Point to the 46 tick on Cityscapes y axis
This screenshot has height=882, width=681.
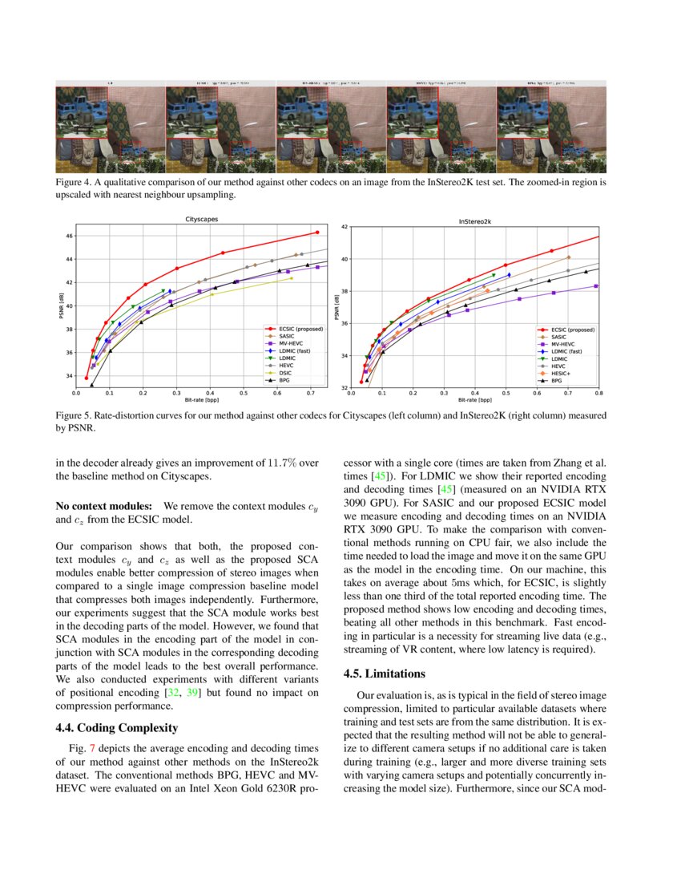tap(69, 236)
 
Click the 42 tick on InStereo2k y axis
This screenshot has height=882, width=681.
tap(345, 227)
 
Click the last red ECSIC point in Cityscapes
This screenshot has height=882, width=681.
tap(317, 233)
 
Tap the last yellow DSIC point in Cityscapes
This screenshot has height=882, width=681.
tap(292, 278)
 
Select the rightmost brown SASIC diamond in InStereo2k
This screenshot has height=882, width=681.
tap(568, 257)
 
